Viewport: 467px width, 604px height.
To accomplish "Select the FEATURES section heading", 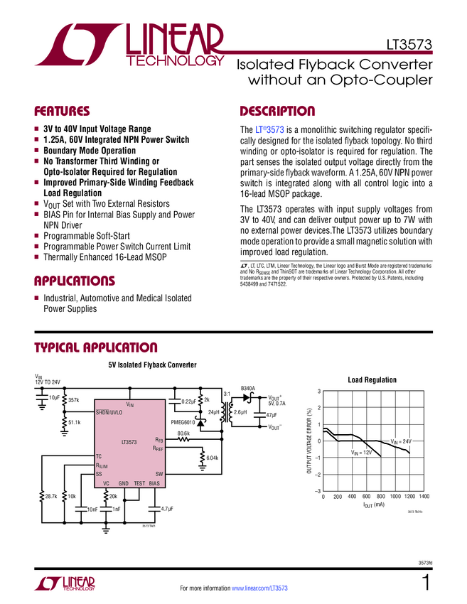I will [x=63, y=112].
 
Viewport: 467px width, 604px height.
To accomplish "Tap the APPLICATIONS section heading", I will [x=75, y=280].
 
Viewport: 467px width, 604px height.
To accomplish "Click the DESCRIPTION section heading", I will [x=277, y=112].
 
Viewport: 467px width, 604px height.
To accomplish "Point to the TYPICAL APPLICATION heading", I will [x=96, y=347].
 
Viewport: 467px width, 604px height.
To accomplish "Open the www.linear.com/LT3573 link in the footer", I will [x=259, y=588].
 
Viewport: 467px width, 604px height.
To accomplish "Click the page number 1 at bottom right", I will [x=425, y=584].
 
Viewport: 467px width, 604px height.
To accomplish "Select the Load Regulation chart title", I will [x=372, y=380].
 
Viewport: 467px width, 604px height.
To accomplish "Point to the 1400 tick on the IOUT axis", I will [x=424, y=497].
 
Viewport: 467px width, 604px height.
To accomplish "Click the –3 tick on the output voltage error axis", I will [x=318, y=491].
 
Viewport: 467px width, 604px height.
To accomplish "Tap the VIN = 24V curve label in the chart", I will [x=403, y=442].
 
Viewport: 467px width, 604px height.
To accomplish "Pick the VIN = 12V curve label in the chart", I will [x=361, y=453].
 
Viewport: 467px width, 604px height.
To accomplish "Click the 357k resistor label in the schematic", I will [x=74, y=401].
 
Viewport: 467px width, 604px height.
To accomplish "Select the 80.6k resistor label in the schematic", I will [x=183, y=433].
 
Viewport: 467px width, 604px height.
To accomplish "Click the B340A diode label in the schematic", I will [x=247, y=388].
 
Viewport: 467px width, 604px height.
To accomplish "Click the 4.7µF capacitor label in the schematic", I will [x=168, y=509].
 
